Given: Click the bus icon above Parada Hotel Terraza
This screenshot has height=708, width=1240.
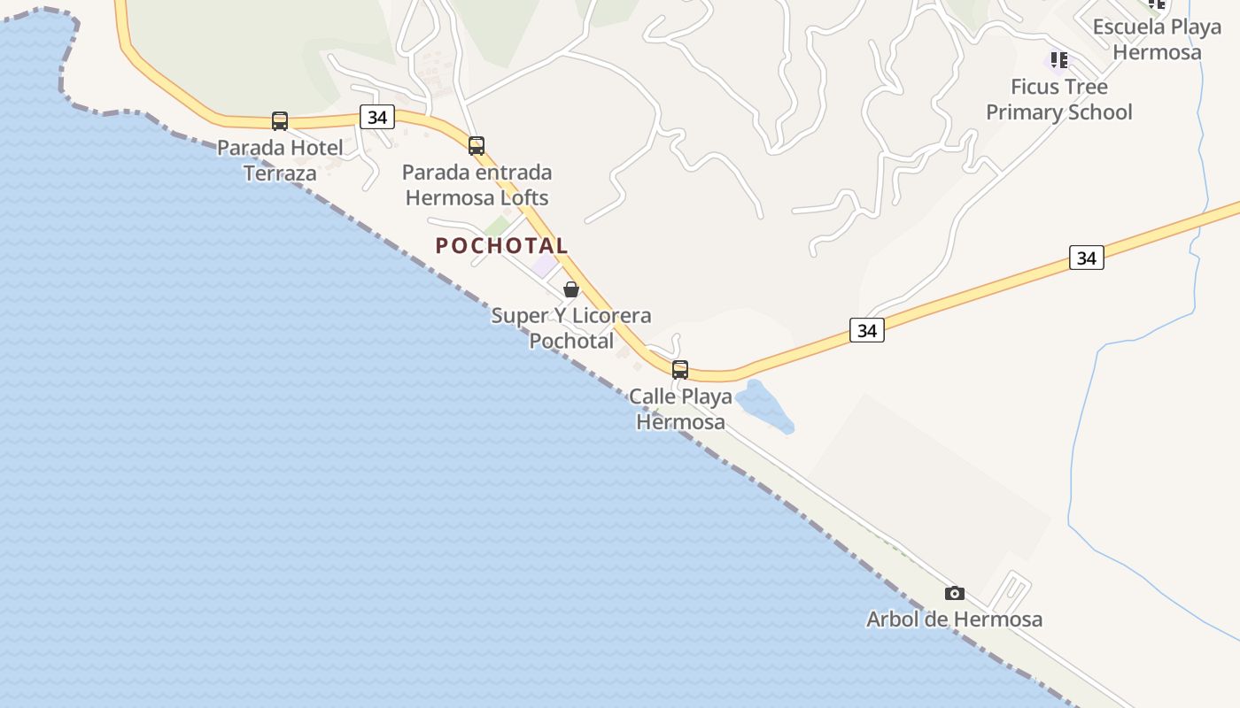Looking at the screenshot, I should [x=280, y=121].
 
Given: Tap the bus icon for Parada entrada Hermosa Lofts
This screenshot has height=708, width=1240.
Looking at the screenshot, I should [x=477, y=146].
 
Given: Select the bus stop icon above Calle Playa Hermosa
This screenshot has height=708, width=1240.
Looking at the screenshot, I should [x=680, y=369].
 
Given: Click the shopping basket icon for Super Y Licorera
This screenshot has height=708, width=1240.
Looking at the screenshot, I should [x=571, y=289].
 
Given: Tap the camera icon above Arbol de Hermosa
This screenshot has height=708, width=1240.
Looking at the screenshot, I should [x=954, y=593].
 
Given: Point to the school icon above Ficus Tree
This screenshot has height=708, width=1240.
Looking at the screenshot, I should [x=1058, y=60].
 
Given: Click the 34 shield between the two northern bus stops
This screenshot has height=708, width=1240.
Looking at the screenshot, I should [x=377, y=117].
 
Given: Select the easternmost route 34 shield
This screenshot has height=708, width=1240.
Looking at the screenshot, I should [x=1087, y=258].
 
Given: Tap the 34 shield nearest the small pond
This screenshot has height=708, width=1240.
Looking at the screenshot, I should [x=867, y=330].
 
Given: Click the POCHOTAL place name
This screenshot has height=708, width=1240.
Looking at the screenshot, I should [x=501, y=246].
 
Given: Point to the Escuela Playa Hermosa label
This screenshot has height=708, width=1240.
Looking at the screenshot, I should [x=1157, y=39].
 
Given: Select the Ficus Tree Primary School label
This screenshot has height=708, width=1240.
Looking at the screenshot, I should [x=1058, y=100].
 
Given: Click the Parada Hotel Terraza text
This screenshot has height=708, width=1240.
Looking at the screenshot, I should [x=280, y=160].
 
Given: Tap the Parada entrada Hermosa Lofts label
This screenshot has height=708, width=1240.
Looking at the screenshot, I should [x=477, y=185].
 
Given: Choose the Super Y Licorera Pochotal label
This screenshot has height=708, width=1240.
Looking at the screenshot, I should [x=571, y=328].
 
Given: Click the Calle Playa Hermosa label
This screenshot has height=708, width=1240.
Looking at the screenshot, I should [x=680, y=409].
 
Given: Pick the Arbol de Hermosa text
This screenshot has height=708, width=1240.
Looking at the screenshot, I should [x=954, y=619].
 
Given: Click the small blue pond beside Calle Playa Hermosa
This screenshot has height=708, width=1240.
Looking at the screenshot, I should [x=762, y=405].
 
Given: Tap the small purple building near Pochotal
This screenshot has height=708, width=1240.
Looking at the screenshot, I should [x=544, y=265].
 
